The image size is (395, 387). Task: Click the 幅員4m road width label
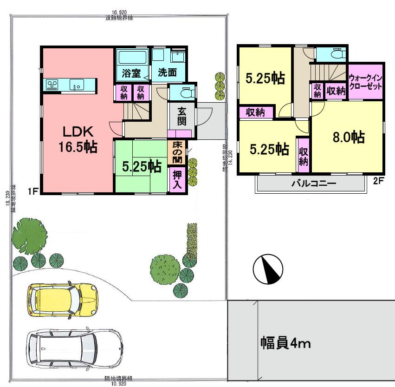pyautogui.click(x=285, y=344)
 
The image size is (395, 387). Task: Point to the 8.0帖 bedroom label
pyautogui.click(x=348, y=138)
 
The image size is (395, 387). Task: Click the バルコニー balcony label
pyautogui.click(x=314, y=183)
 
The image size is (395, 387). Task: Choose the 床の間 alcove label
pyautogui.click(x=177, y=152)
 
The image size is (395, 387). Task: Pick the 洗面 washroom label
pyautogui.click(x=167, y=73)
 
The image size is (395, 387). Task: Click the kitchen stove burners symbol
pyautogui.click(x=52, y=85)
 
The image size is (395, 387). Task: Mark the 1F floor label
pyautogui.click(x=32, y=190)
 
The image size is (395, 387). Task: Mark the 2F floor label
pyautogui.click(x=379, y=182)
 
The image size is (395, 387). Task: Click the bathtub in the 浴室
pyautogui.click(x=132, y=58)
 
